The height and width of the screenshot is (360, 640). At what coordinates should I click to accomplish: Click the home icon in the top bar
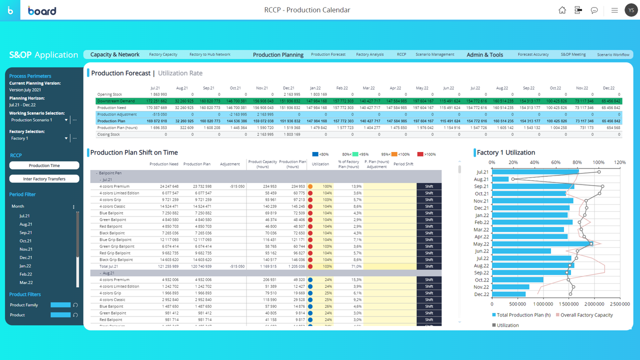(x=562, y=10)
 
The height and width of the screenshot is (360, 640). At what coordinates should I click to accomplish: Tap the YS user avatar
(x=631, y=10)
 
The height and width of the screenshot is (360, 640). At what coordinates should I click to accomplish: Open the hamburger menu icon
(x=614, y=10)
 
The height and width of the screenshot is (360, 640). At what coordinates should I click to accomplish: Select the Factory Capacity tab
(x=163, y=54)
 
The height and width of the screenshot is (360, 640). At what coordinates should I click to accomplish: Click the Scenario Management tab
(x=434, y=54)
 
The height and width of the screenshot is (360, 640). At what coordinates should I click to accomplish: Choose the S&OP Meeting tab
(x=573, y=54)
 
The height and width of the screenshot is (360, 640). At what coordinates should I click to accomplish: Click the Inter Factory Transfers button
(x=44, y=178)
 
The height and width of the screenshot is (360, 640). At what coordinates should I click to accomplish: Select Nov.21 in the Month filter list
(x=26, y=249)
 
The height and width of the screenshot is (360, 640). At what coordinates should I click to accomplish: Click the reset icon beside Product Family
(x=75, y=305)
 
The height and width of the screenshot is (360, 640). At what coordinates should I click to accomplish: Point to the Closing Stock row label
(x=108, y=134)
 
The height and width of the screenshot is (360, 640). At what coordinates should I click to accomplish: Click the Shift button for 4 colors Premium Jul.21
(x=428, y=186)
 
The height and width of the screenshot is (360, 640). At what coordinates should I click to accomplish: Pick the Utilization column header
(x=320, y=164)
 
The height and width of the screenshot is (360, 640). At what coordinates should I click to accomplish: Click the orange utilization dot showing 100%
(x=310, y=186)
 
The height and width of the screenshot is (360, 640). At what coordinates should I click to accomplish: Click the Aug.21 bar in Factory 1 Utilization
(x=500, y=179)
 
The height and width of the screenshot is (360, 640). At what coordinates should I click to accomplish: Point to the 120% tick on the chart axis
(x=619, y=162)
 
